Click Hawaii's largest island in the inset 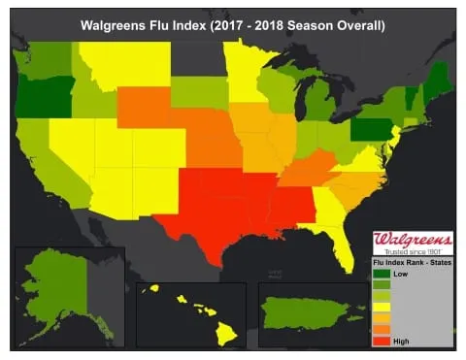(225, 333)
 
